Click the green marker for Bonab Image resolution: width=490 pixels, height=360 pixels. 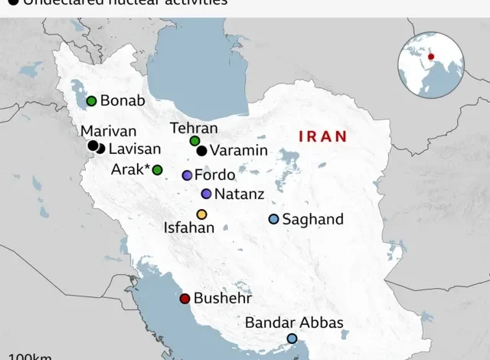tap(91, 100)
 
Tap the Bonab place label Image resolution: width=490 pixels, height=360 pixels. tap(122, 101)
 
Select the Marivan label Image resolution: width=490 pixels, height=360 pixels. tap(108, 131)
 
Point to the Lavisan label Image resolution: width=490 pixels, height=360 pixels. tap(134, 149)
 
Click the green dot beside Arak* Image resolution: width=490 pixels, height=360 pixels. tap(157, 169)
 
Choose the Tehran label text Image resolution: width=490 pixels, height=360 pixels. tap(194, 128)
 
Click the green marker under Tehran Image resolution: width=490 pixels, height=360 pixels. tap(194, 141)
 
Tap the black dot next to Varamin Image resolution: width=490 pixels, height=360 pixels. tap(201, 151)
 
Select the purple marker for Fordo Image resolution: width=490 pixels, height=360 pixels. tap(187, 175)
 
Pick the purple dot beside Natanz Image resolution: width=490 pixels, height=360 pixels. tap(206, 194)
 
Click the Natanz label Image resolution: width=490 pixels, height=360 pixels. tap(240, 195)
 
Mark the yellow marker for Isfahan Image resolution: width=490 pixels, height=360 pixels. tap(201, 214)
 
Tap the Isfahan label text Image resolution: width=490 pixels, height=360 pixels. tap(189, 227)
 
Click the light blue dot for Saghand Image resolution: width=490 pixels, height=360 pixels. tap(273, 219)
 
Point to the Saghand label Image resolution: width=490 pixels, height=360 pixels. tap(312, 220)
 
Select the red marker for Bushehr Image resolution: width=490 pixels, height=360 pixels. tap(185, 299)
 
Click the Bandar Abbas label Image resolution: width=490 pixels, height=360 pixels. tap(294, 322)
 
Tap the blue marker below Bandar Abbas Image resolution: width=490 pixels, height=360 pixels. tap(292, 339)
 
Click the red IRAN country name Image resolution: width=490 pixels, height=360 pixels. tap(322, 136)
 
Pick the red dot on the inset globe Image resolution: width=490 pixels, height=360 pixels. tap(431, 56)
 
